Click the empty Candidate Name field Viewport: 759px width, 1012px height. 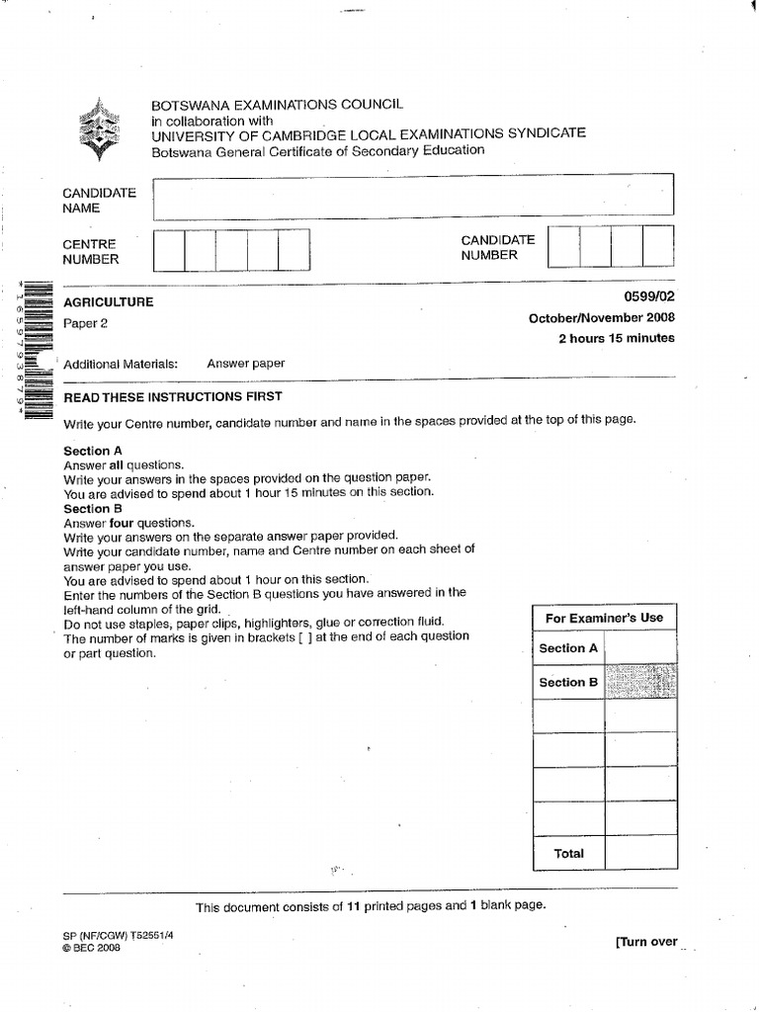click(413, 195)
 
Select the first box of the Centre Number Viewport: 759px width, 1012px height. click(170, 249)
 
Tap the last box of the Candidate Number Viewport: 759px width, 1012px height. click(658, 246)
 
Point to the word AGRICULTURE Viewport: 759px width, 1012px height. click(109, 302)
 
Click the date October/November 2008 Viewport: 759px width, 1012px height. click(602, 318)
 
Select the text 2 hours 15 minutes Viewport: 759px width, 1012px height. click(617, 338)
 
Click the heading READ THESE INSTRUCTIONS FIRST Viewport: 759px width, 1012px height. click(173, 396)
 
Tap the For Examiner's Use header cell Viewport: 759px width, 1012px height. click(604, 618)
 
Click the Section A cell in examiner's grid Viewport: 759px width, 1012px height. click(568, 648)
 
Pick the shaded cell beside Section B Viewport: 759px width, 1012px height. click(640, 682)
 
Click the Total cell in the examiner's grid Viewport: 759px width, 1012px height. click(568, 853)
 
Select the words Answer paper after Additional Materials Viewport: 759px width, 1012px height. click(245, 364)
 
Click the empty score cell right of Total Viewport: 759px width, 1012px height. click(640, 853)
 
